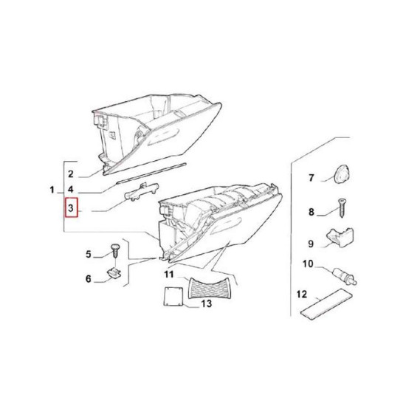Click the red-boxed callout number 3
[71, 207]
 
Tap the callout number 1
[52, 190]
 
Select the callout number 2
[71, 174]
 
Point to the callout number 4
[71, 190]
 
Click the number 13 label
[207, 303]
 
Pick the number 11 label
[169, 274]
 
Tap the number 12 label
[302, 294]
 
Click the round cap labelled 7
[341, 172]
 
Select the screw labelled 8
[341, 208]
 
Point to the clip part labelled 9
[340, 238]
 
